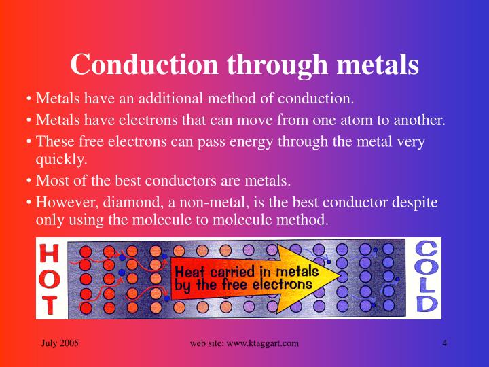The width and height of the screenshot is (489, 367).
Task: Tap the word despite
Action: click(x=415, y=202)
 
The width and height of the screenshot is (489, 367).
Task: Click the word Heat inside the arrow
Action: click(x=192, y=270)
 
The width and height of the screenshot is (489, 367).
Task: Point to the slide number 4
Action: click(x=444, y=343)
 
